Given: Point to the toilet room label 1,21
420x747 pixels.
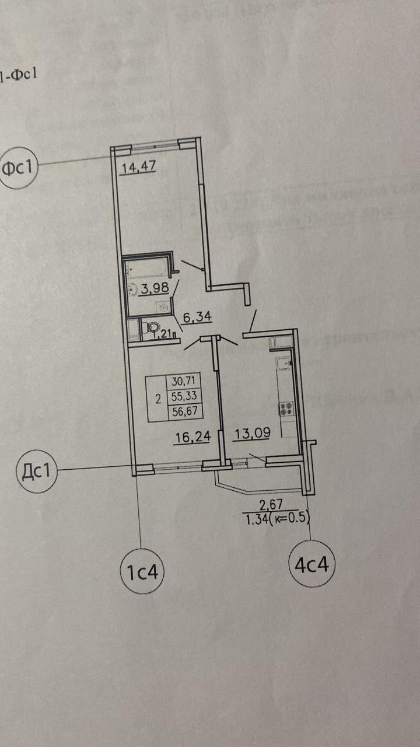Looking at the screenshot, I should tap(162, 334).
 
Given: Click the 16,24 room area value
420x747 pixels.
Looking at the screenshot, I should tap(192, 437).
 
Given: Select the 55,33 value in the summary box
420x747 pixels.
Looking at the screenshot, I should tap(183, 396).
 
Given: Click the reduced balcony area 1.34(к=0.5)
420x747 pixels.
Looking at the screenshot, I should tap(277, 516).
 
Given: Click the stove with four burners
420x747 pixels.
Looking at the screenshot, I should tap(286, 408).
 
